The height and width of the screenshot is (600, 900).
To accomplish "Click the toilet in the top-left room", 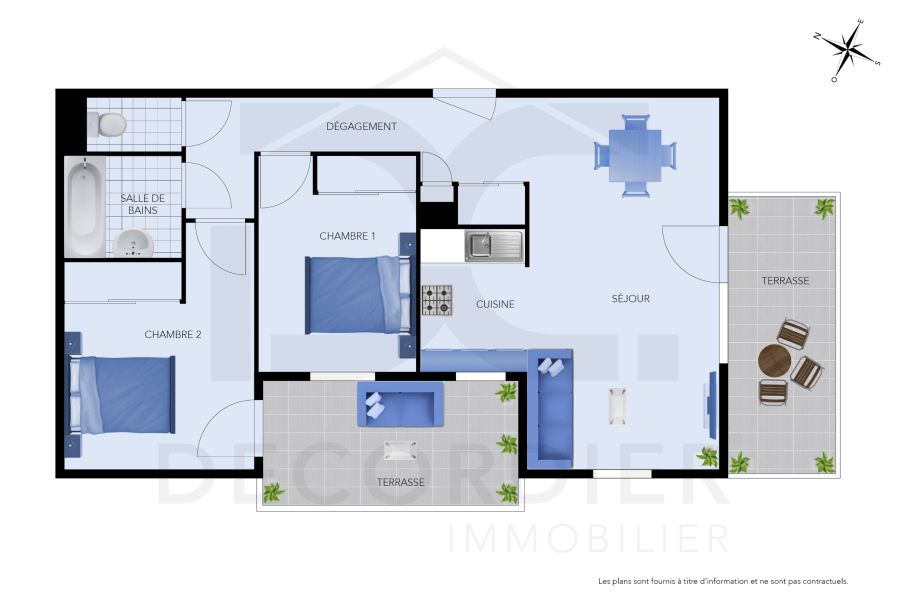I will point(107,124).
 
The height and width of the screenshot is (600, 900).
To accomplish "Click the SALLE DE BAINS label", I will point(142,204).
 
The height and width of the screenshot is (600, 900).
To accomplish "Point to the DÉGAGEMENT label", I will point(361,127).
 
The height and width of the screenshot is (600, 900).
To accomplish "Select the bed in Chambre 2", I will point(120,394).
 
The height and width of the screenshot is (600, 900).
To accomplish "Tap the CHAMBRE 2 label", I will point(172,334).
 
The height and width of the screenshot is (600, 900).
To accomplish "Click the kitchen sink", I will point(494,245).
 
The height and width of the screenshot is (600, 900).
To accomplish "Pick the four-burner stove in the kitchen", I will point(436,300).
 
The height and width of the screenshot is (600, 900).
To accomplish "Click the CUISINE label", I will point(495,304).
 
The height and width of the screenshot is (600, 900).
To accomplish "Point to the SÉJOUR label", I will point(631,298).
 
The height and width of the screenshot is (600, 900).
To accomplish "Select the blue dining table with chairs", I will point(635,155).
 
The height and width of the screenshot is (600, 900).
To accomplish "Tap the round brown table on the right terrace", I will point(774,360).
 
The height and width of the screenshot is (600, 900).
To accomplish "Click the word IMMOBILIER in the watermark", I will point(588,539).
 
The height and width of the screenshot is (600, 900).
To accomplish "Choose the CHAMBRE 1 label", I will point(347,236).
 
